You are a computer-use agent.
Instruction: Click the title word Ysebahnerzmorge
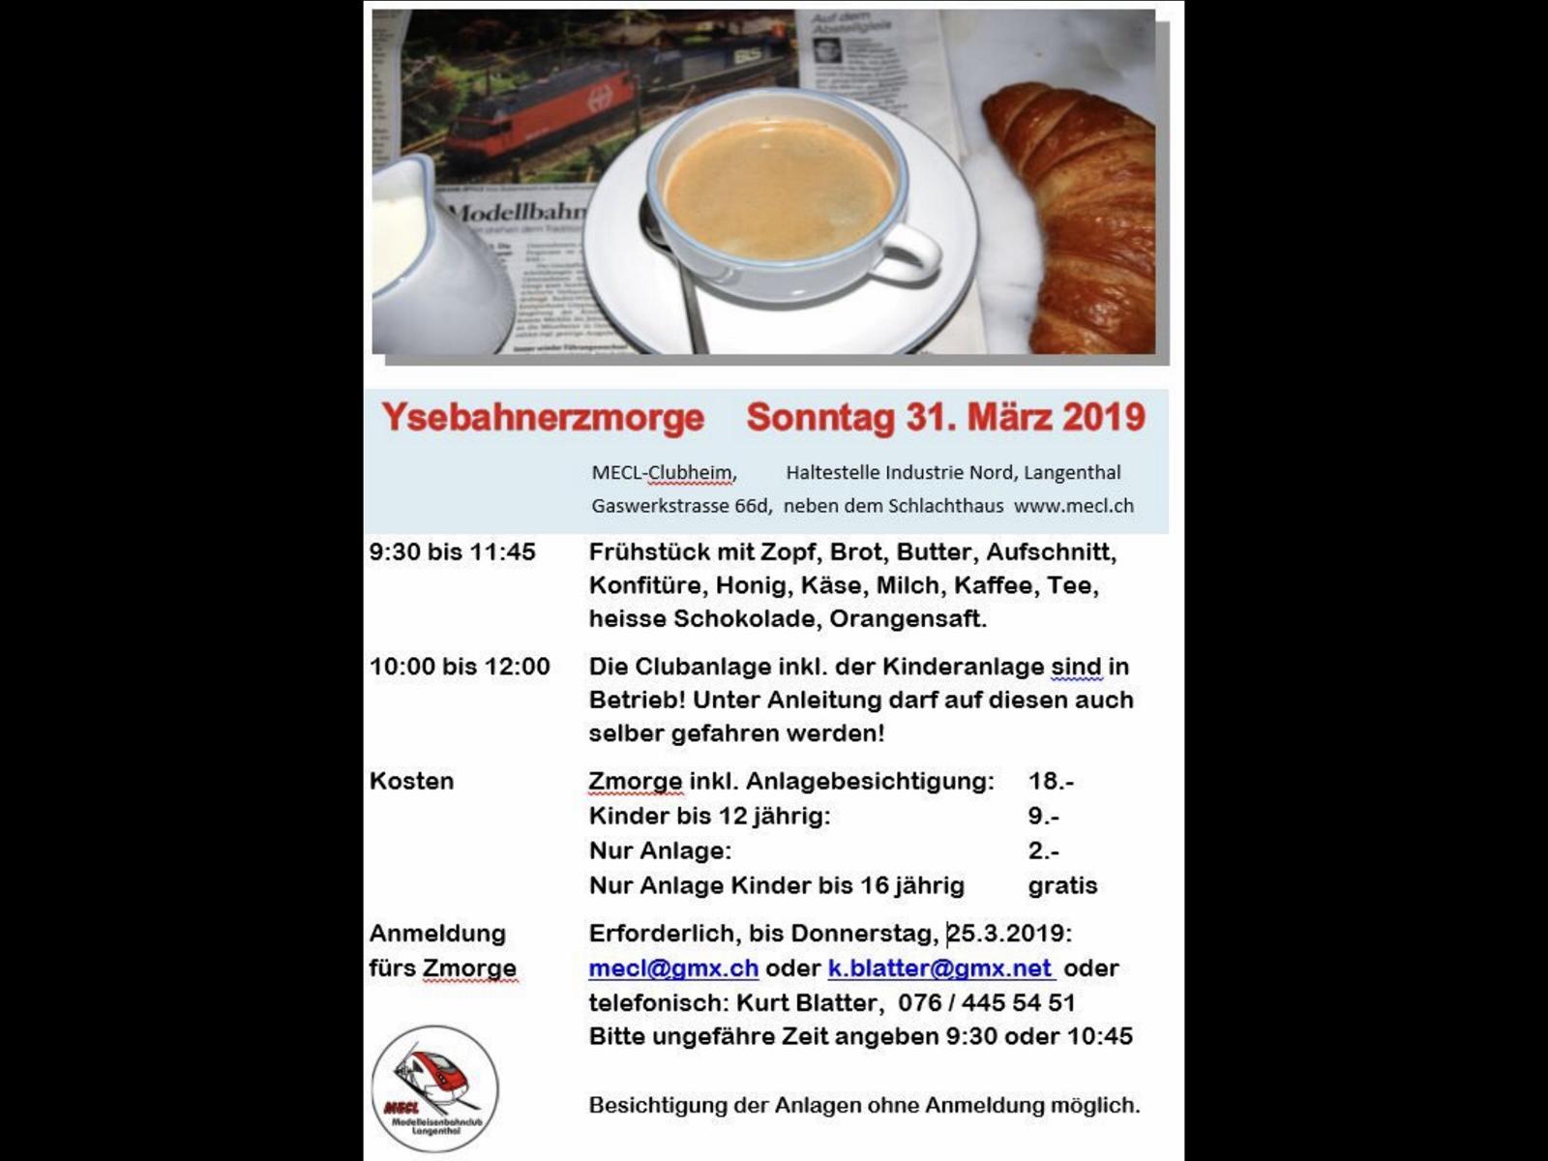point(543,418)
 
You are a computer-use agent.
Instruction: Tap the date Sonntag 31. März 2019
point(945,418)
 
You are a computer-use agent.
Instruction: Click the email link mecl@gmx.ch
point(673,968)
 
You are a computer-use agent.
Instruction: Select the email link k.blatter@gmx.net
point(939,968)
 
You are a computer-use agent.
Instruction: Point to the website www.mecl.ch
point(1073,505)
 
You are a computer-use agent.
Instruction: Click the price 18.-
point(1051,782)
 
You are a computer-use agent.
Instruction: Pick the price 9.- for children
point(1043,817)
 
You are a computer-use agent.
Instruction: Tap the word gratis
point(1062,886)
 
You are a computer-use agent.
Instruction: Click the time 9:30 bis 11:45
point(452,552)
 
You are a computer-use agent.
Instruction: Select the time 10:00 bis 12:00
point(460,667)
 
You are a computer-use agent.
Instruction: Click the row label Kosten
point(411,782)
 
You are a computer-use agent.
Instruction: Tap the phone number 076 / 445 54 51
point(986,1003)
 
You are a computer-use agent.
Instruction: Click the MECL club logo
point(434,1088)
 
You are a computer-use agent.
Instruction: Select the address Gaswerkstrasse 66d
point(681,505)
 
